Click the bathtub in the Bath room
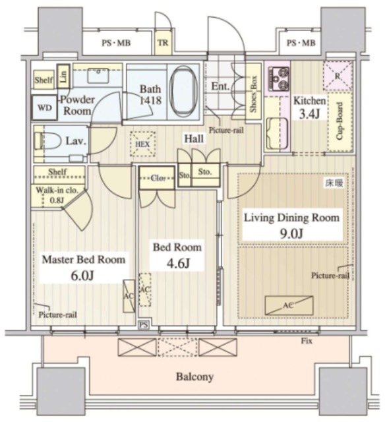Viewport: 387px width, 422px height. click(x=184, y=91)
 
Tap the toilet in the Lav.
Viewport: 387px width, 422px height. click(x=48, y=140)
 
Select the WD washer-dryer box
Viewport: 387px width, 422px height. click(x=45, y=107)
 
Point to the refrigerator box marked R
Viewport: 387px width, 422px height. click(x=338, y=76)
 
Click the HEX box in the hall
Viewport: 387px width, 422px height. click(x=142, y=144)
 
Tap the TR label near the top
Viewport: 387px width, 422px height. click(x=163, y=43)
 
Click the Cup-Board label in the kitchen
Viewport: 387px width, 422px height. click(x=340, y=121)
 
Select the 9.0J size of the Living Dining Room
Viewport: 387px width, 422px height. click(x=291, y=233)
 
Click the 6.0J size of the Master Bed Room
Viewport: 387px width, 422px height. click(x=82, y=276)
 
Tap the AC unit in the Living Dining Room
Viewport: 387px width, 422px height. click(x=289, y=305)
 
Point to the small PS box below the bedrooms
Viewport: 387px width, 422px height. click(x=144, y=325)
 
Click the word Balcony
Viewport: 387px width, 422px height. click(x=194, y=377)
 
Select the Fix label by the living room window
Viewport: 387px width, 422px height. click(x=307, y=341)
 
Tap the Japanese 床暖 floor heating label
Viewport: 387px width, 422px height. click(x=334, y=183)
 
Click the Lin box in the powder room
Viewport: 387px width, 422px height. click(x=63, y=76)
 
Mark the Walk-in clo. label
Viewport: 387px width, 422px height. click(x=57, y=191)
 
